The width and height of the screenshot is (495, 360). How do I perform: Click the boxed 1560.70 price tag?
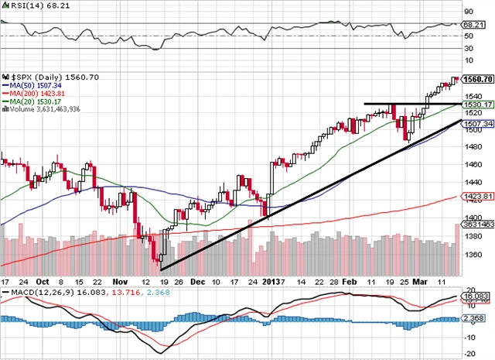point(477,79)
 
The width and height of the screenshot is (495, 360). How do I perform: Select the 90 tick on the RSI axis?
point(468,12)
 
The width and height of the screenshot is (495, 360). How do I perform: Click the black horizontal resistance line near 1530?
point(410,104)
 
